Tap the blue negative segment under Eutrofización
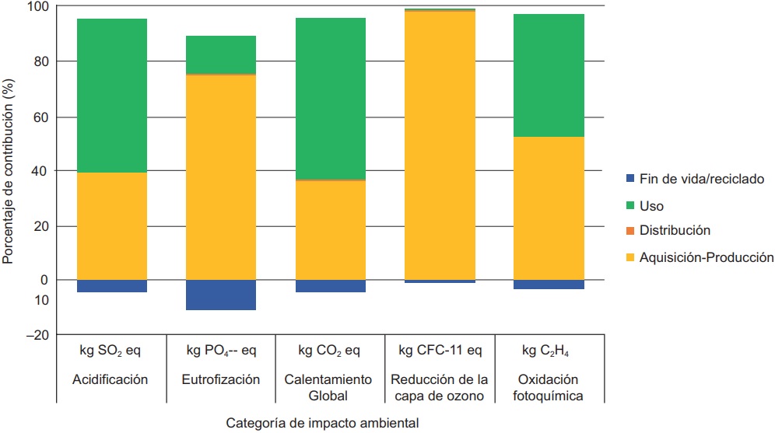point(221,295)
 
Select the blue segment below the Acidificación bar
point(112,286)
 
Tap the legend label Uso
point(651,206)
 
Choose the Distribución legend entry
point(674,231)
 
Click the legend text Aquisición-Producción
point(706,257)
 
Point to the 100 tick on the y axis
point(37,7)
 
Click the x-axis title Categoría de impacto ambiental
point(322,424)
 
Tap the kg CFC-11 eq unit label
point(440,351)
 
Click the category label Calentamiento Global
point(330,387)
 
